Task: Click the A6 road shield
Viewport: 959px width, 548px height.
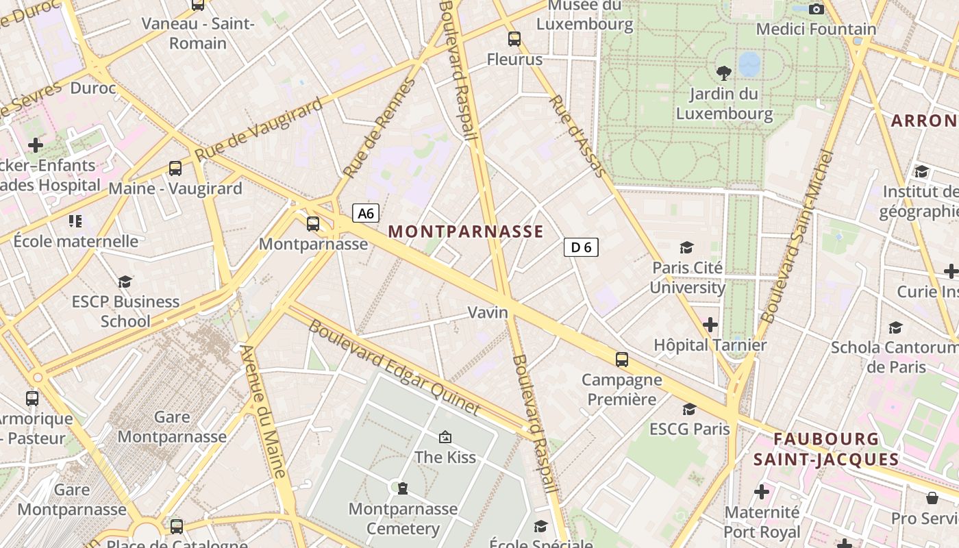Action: pos(366,213)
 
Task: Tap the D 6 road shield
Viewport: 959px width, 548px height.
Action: pos(581,247)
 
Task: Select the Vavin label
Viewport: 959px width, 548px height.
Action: pos(488,312)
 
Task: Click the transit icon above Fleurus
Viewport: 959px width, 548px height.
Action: pos(514,39)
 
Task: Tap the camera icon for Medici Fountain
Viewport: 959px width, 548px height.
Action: pos(816,9)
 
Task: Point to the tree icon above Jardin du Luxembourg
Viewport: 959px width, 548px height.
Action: pos(723,73)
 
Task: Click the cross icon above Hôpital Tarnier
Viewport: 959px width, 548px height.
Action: pos(710,324)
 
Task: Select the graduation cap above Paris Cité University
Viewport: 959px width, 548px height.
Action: pos(686,247)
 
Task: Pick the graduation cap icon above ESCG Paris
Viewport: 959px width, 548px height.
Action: pos(689,409)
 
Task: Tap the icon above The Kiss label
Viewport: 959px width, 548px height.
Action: pos(445,436)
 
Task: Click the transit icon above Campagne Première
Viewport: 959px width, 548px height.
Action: pos(622,360)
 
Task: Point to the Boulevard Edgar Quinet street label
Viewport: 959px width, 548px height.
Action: pos(394,367)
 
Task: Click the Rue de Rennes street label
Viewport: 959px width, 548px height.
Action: pos(379,128)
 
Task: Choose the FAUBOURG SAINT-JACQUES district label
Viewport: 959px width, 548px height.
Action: pos(825,449)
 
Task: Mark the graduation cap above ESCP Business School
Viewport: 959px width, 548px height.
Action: pos(125,282)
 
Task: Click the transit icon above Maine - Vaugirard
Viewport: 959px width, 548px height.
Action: pos(175,169)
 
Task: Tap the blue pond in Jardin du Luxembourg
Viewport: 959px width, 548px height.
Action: pos(749,64)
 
